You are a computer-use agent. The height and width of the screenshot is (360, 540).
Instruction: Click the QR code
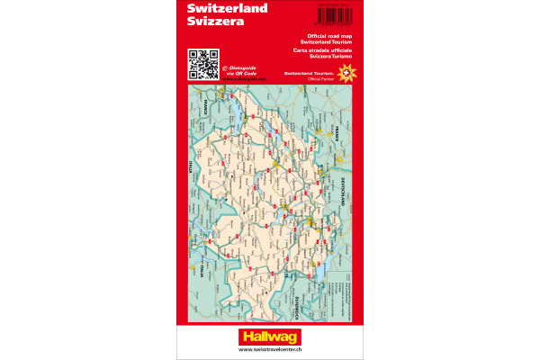pos(202,65)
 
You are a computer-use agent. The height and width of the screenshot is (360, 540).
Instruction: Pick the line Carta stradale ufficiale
pos(324,49)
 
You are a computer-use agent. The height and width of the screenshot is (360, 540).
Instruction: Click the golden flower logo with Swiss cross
pos(344,67)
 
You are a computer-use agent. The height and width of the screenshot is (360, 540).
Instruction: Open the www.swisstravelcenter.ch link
pos(269,350)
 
